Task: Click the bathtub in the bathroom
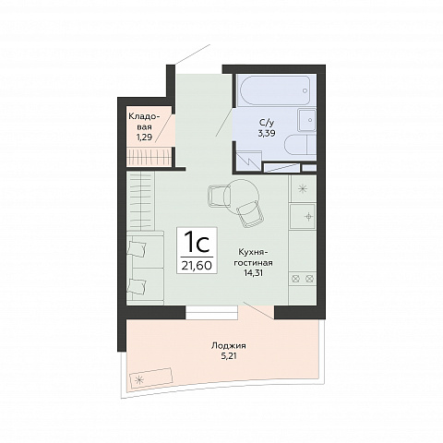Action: point(275,90)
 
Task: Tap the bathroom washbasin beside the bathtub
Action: point(306,120)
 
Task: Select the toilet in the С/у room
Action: point(301,148)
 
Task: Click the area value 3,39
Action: point(267,133)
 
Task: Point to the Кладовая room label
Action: point(144,122)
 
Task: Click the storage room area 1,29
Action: point(144,138)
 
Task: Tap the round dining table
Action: point(242,196)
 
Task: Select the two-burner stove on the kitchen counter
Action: point(303,279)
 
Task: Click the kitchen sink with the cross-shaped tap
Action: point(303,216)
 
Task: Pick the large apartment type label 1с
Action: point(197,243)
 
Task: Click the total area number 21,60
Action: point(197,265)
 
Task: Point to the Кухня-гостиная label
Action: point(254,257)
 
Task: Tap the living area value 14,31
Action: point(254,272)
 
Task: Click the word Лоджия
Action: point(229,346)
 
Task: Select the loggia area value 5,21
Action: point(229,356)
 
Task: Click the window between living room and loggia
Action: point(211,313)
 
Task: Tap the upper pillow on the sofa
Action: point(137,248)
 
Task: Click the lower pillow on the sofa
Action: point(137,287)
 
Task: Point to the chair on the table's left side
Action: point(219,196)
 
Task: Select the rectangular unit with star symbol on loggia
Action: point(151,378)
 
